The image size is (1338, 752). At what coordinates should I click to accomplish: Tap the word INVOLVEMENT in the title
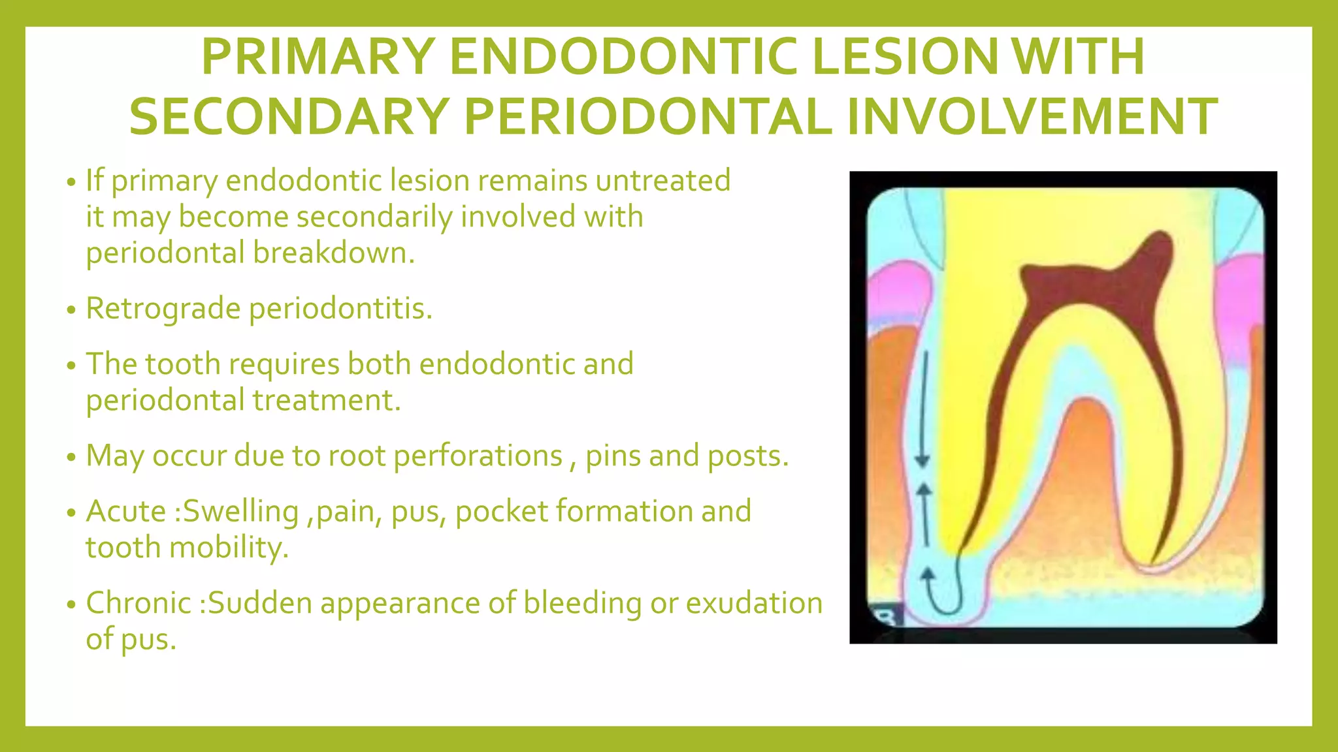[1032, 117]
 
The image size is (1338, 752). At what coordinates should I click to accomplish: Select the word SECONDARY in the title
[288, 117]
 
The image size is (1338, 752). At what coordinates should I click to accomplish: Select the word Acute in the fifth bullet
[126, 511]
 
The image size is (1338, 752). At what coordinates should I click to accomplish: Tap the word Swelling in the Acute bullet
[241, 511]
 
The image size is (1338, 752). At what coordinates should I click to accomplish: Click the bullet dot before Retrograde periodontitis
[72, 310]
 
